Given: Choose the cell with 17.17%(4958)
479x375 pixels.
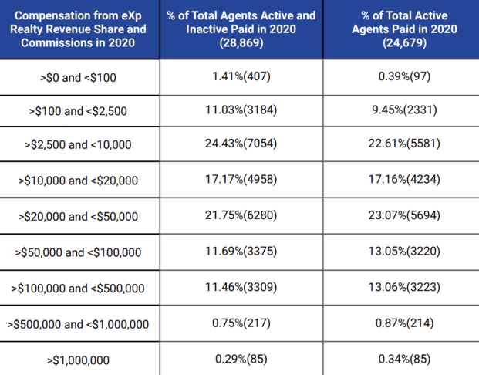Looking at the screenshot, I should coord(241,181).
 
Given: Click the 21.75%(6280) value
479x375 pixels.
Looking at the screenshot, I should coord(241,216).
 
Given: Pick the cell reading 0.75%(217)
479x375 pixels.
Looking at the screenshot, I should coord(241,323).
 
